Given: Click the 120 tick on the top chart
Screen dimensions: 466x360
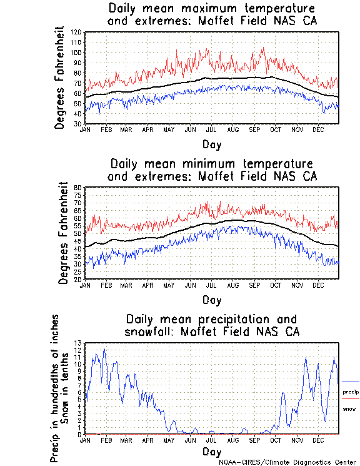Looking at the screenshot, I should point(77,32).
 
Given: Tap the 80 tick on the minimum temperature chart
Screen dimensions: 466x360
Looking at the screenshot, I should point(79,188).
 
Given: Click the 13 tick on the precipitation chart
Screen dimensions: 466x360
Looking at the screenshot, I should point(79,343).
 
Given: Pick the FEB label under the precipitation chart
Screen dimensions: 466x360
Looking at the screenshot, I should point(106,440).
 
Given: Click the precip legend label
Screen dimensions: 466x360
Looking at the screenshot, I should point(351,392).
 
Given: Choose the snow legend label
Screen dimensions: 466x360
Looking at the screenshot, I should point(349,408).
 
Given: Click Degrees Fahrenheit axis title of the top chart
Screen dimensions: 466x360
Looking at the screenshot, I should point(60,78).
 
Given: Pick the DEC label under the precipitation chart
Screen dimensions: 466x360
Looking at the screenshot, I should point(319,440).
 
